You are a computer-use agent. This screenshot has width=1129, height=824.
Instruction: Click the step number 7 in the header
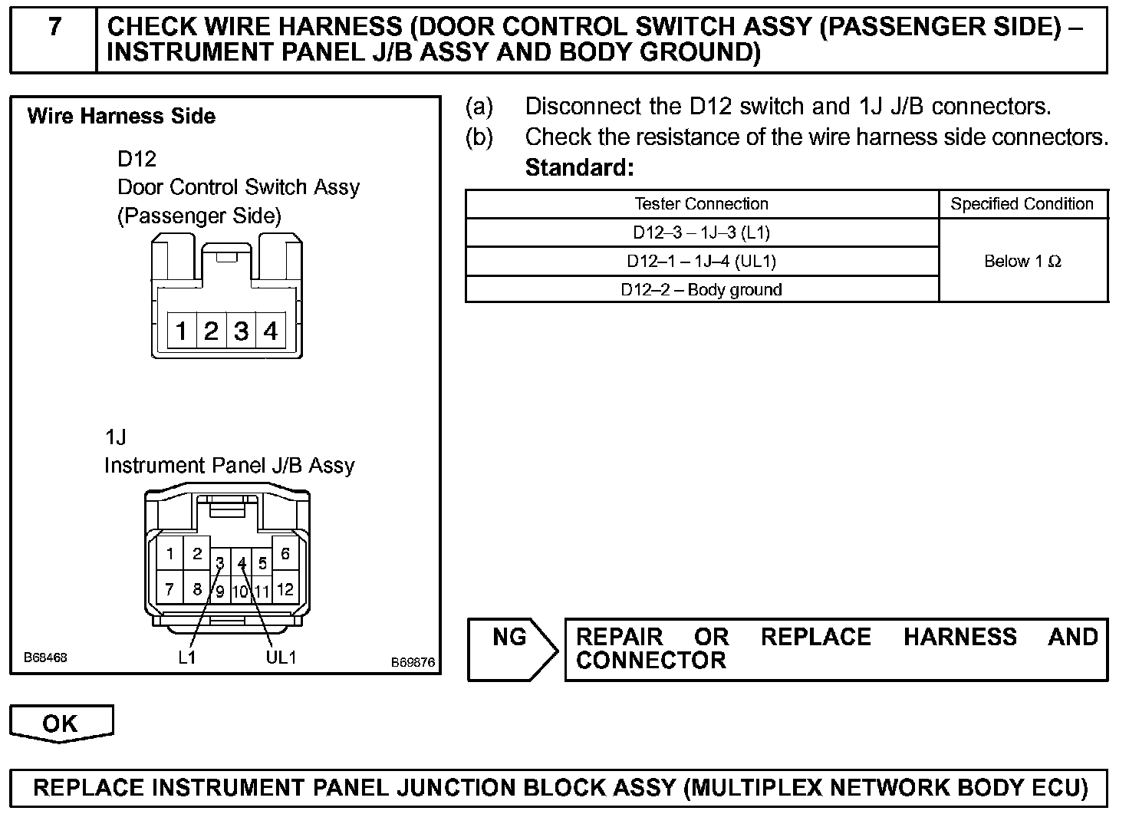click(54, 28)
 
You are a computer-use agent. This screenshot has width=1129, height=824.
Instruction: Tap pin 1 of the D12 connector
click(181, 331)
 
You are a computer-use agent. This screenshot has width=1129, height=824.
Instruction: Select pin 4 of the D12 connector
click(271, 331)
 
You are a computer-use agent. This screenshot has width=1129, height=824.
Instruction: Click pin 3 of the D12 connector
click(241, 331)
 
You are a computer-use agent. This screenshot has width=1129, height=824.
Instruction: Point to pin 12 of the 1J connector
click(285, 590)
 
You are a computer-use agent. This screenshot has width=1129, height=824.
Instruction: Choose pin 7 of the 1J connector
click(170, 590)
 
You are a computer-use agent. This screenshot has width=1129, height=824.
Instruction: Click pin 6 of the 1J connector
click(285, 554)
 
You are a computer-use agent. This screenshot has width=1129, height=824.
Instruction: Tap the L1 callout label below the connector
click(187, 658)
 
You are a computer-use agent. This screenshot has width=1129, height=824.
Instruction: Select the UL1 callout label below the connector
click(281, 658)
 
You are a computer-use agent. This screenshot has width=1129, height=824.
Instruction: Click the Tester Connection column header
click(701, 204)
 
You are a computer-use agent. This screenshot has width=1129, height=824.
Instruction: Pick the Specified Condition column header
click(1022, 204)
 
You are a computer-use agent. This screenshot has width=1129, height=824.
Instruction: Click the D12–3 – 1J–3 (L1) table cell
click(701, 232)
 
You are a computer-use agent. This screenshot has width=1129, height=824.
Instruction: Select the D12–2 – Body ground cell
click(701, 290)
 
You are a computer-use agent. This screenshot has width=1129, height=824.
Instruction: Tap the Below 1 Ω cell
click(1022, 262)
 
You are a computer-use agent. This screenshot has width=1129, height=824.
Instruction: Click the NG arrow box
click(512, 648)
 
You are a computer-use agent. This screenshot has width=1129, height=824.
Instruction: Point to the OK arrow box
click(61, 723)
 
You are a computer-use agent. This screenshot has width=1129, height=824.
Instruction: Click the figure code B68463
click(45, 658)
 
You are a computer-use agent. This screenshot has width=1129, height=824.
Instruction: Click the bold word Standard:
click(579, 167)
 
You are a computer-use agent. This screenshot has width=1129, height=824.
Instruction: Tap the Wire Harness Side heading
click(121, 117)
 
